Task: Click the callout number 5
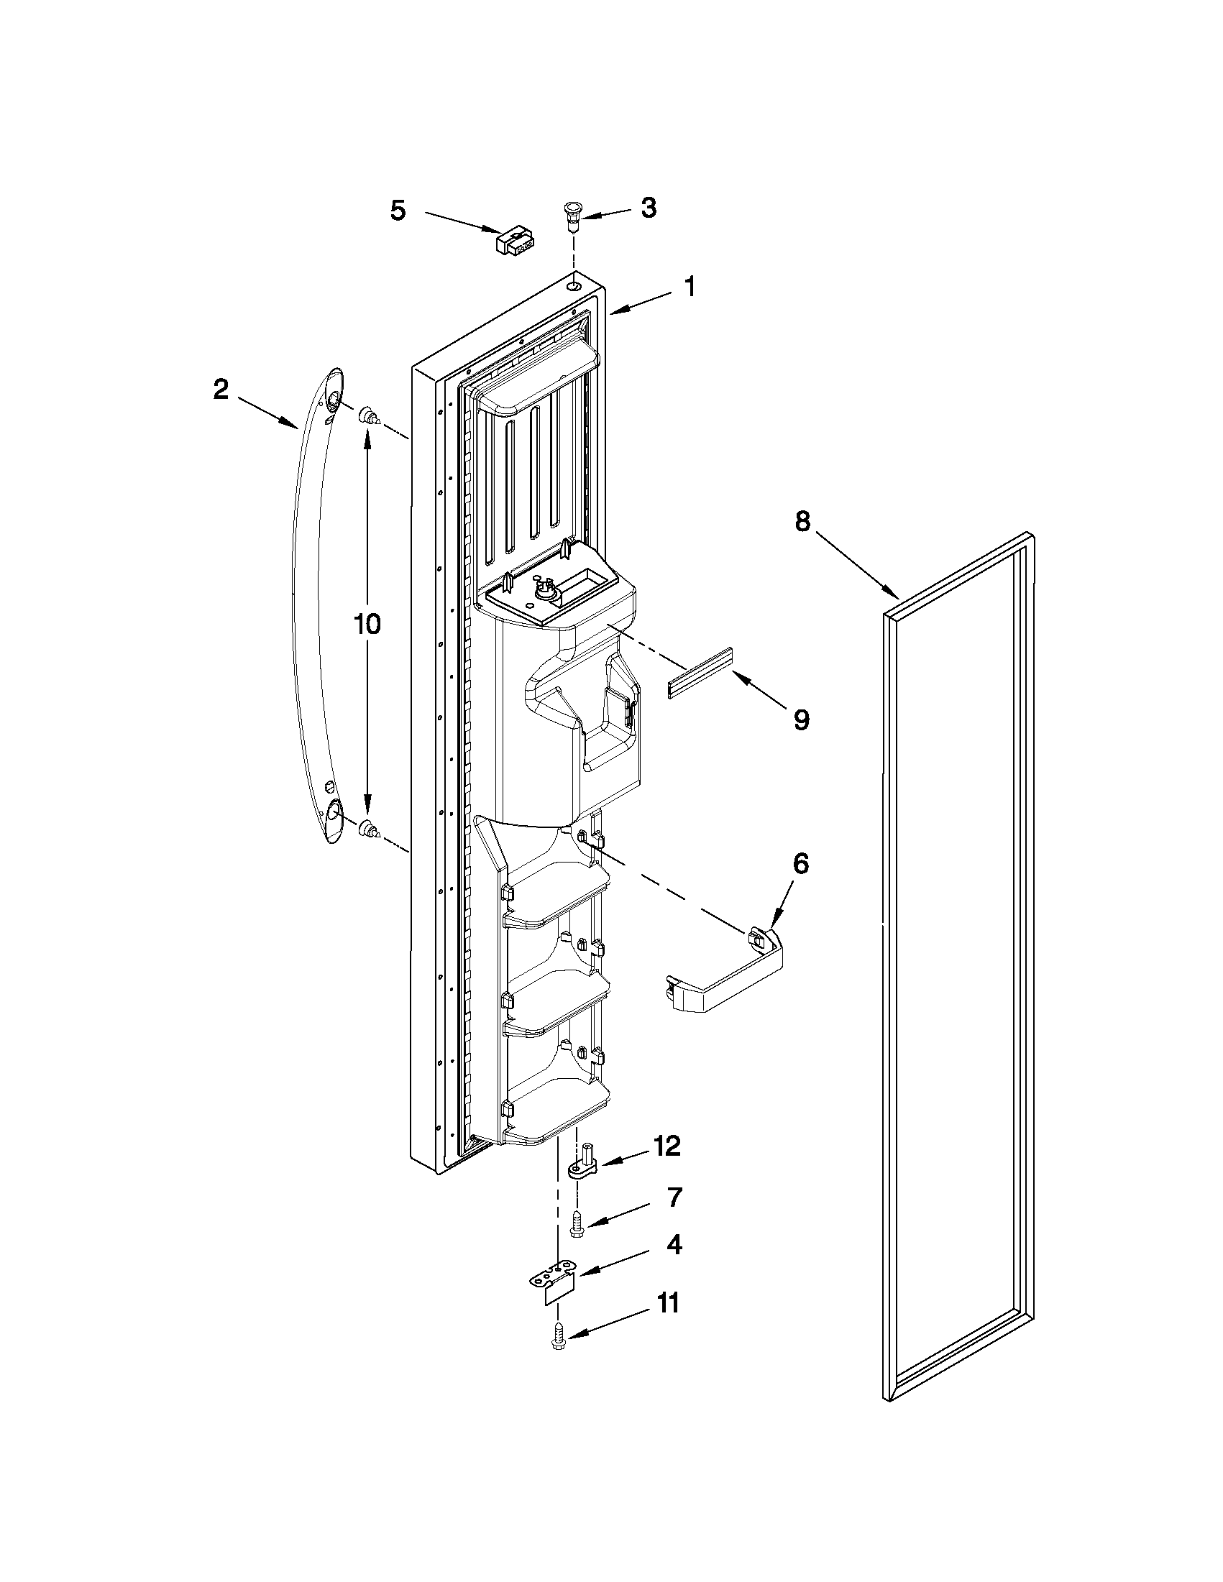[398, 211]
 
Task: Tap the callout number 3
[649, 208]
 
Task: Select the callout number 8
[802, 522]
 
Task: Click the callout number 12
[666, 1146]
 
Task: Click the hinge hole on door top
[574, 288]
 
